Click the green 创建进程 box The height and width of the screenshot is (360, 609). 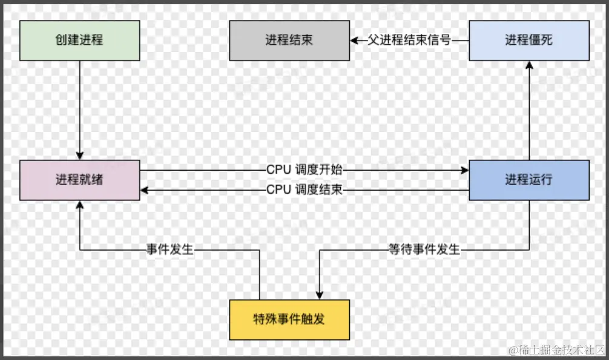point(79,41)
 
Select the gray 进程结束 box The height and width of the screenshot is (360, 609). point(289,41)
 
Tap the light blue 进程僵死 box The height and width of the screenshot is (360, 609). point(529,41)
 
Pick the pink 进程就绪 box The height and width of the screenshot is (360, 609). point(79,180)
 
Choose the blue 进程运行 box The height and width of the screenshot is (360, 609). point(529,180)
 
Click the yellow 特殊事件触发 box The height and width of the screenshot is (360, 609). point(289,319)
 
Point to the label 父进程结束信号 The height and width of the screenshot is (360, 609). point(409,41)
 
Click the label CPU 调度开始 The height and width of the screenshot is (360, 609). point(304,170)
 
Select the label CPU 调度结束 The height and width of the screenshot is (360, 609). point(304,190)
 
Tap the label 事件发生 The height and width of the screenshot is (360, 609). point(170,249)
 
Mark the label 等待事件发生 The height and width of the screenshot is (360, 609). point(424,249)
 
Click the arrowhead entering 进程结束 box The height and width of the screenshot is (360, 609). point(354,41)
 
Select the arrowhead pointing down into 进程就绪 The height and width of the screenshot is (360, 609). point(79,156)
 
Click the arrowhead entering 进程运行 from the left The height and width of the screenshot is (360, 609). point(465,170)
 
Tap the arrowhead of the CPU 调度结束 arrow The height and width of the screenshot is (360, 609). point(145,190)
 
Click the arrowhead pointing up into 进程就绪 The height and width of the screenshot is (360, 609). point(79,205)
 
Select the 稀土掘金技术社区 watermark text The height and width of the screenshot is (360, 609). point(556,350)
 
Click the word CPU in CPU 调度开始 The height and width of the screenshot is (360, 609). point(278,170)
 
